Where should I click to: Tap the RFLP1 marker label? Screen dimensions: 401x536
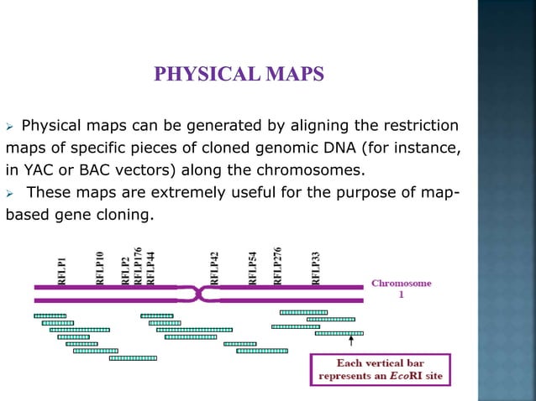point(63,270)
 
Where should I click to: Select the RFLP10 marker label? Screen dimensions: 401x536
point(100,267)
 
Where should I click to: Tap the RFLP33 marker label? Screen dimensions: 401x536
point(316,267)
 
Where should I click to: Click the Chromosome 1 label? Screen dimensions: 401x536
point(401,289)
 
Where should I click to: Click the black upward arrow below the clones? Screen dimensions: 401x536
point(351,341)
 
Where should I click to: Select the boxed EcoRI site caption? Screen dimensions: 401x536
point(381,370)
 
